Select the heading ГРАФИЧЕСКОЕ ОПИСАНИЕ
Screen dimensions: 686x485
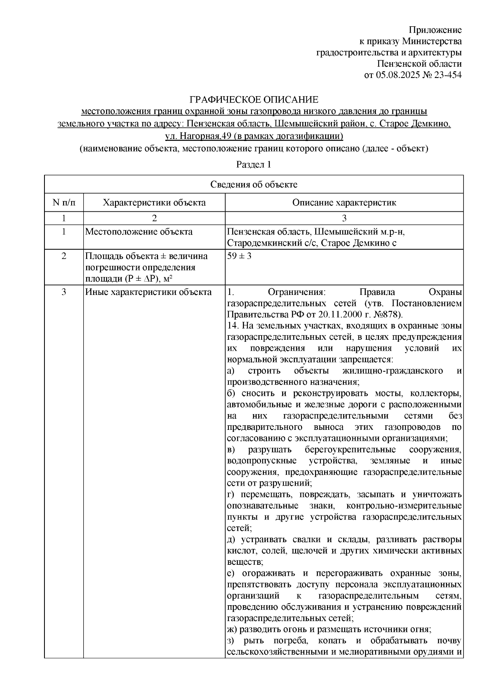click(x=254, y=99)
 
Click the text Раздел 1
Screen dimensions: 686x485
click(x=253, y=165)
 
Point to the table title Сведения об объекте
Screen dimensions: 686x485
click(x=253, y=185)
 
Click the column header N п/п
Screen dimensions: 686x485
click(x=64, y=202)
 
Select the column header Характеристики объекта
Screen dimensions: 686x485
click(x=154, y=202)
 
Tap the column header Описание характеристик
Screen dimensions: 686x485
click(x=344, y=202)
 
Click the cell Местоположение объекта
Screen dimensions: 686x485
click(x=139, y=232)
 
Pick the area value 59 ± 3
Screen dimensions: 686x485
click(x=239, y=256)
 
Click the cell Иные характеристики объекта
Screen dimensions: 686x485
click(x=148, y=292)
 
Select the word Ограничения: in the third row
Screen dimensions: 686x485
click(x=297, y=292)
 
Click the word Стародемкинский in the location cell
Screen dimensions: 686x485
click(x=262, y=243)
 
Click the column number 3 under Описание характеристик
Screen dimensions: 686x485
click(x=344, y=219)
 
